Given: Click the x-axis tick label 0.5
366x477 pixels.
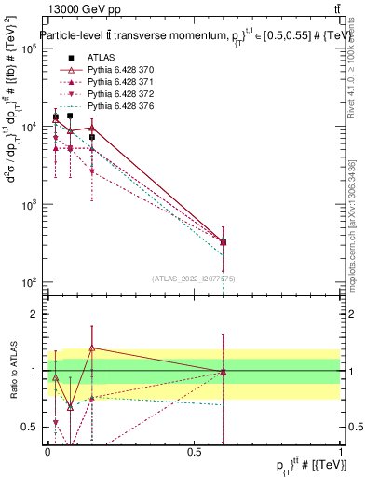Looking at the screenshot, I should (x=194, y=452).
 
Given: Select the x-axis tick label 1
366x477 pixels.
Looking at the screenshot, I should (x=340, y=452).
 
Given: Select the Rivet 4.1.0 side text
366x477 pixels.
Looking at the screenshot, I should (x=350, y=70).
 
